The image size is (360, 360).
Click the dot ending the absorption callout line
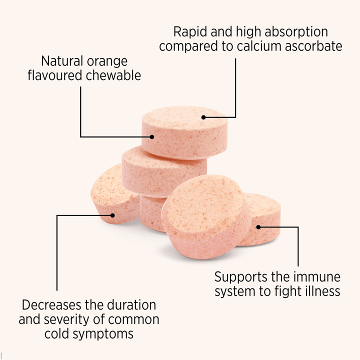pyautogui.click(x=203, y=117)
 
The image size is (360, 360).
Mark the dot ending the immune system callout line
pyautogui.click(x=258, y=227)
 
